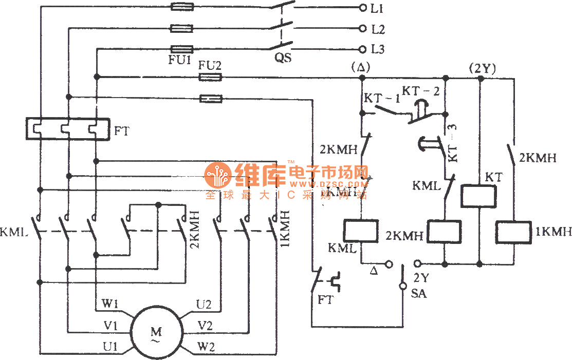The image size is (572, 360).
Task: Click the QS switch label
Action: click(283, 58)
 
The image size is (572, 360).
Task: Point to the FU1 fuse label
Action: click(180, 60)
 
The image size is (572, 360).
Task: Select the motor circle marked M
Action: click(156, 332)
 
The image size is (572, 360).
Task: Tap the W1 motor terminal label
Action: click(110, 305)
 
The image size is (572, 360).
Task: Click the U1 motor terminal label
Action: click(110, 347)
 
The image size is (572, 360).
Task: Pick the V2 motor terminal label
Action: click(206, 325)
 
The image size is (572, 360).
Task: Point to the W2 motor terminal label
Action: click(206, 347)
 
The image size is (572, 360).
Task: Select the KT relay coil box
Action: click(478, 196)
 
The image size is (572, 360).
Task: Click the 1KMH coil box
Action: click(513, 233)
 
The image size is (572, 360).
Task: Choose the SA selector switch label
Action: click(419, 295)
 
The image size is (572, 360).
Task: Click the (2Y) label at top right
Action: click(482, 67)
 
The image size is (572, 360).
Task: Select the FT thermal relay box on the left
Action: click(67, 128)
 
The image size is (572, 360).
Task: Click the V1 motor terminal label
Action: click(110, 326)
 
